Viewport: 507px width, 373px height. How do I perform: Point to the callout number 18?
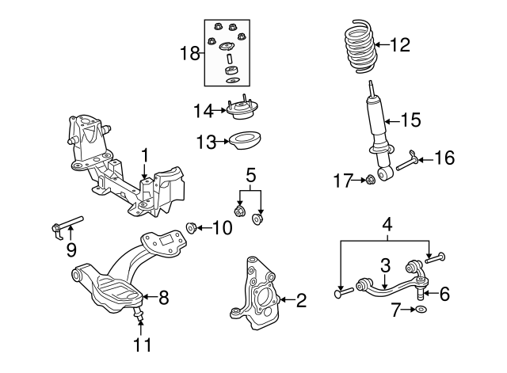[189, 54]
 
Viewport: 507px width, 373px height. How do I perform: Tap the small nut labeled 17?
[369, 181]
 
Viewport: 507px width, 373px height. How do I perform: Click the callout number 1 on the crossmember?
[145, 154]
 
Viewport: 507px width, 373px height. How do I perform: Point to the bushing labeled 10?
[192, 229]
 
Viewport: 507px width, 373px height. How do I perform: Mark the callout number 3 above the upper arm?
[385, 265]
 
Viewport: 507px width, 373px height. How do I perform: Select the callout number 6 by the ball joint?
[444, 294]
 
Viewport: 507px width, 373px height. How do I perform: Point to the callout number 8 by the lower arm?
[164, 298]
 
